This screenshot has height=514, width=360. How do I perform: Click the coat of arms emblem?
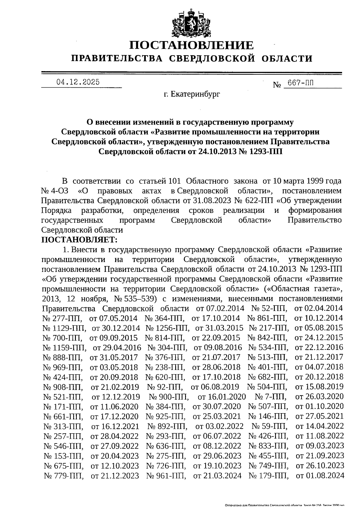point(191,23)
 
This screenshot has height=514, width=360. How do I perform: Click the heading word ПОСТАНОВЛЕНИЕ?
point(191,45)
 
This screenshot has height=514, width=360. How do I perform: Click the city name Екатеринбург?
point(192,95)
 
